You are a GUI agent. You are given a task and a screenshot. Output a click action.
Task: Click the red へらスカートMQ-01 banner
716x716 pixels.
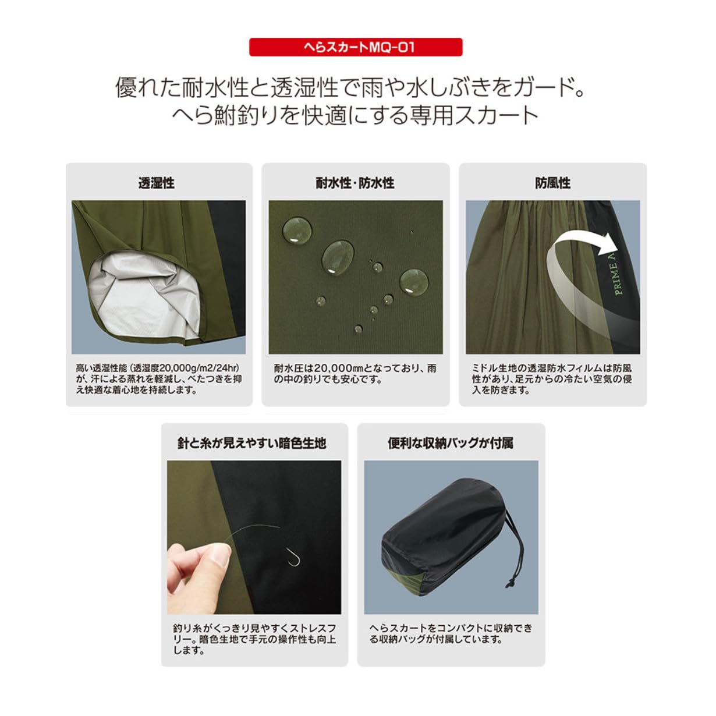point(356,47)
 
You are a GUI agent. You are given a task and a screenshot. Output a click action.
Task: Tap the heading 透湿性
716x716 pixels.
point(157,183)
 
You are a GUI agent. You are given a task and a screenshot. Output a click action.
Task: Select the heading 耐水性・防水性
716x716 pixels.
point(355,183)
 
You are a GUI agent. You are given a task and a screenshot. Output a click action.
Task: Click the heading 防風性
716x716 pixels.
point(552,183)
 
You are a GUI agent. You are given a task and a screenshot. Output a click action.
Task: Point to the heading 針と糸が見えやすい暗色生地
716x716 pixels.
point(251,443)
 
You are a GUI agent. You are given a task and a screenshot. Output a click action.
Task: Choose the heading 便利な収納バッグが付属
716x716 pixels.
point(451,443)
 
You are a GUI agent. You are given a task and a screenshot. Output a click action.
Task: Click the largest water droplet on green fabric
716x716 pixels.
point(338,256)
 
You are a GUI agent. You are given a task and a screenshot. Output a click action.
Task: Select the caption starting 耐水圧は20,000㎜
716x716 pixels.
point(355,374)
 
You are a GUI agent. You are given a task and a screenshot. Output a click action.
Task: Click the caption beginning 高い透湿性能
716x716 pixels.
point(158,379)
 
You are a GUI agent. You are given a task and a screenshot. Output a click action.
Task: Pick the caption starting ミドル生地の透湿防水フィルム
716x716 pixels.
point(552,379)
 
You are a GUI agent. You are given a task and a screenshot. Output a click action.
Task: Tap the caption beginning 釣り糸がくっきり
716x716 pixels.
point(254,639)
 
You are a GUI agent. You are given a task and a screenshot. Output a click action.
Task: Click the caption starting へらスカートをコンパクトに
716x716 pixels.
point(451,633)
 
